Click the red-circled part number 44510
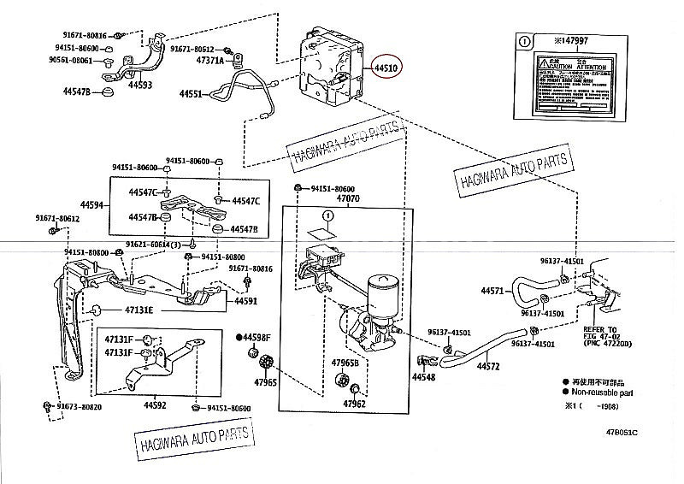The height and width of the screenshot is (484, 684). click(x=385, y=68)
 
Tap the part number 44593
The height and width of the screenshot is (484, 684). click(x=140, y=85)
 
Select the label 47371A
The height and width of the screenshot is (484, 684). click(x=209, y=62)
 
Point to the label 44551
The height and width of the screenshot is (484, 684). click(x=191, y=94)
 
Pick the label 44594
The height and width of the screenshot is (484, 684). click(x=91, y=205)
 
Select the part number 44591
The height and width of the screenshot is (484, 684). click(x=246, y=301)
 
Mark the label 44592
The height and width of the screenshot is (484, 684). click(x=155, y=404)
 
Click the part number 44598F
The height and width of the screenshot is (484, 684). click(x=256, y=338)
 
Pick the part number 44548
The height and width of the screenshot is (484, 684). click(x=423, y=377)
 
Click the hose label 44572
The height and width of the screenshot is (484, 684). click(x=488, y=366)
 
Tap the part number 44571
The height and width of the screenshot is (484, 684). click(x=492, y=292)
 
